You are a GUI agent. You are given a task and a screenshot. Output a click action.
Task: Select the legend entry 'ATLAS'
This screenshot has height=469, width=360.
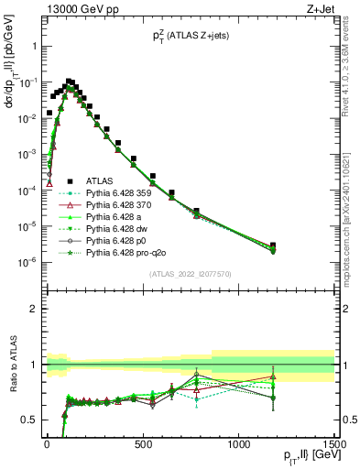101,181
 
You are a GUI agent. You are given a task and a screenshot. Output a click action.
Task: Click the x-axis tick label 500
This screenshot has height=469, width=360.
142,446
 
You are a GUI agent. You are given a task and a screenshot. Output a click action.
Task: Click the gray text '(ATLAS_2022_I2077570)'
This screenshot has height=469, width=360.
190,274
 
